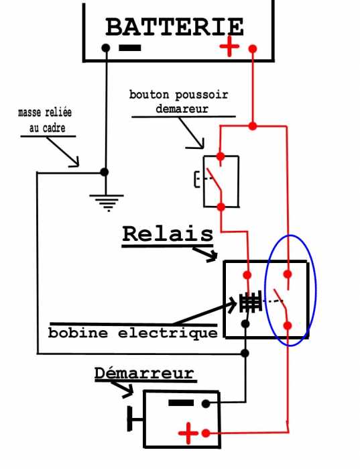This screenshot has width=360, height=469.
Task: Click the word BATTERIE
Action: (174, 27)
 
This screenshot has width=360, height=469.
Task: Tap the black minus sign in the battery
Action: (129, 48)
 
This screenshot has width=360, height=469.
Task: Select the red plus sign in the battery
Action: (229, 46)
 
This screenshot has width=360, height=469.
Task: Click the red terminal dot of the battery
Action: (253, 48)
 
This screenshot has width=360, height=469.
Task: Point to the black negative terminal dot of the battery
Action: (106, 48)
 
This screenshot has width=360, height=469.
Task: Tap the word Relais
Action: (168, 234)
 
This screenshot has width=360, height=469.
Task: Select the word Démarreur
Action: (145, 373)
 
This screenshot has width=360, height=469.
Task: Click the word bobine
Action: (78, 333)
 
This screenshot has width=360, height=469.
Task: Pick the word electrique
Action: (168, 333)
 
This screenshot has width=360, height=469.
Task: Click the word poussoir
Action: (202, 95)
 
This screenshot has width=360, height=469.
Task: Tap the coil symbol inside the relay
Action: (250, 302)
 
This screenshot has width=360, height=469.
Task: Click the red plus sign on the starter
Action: (188, 433)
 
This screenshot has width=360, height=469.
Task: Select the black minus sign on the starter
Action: (181, 403)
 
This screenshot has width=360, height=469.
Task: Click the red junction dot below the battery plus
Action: (253, 126)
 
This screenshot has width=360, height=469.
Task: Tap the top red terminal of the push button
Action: (221, 156)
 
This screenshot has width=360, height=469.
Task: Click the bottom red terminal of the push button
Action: (221, 207)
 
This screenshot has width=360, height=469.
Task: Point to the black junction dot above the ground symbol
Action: (105, 172)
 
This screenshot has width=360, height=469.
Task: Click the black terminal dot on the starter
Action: (206, 404)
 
